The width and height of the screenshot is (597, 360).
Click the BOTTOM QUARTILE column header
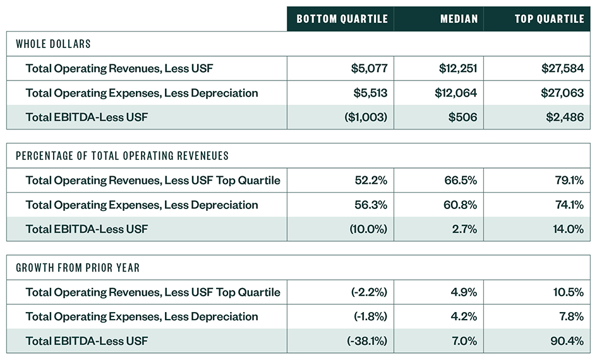342,19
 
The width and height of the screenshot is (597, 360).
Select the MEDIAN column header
458,19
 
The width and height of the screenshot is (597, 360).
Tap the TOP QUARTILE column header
549,19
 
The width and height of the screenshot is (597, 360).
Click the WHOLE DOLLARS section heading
54,44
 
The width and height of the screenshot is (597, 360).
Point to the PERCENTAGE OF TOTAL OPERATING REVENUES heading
122,156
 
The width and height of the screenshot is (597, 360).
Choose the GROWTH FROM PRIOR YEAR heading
78,268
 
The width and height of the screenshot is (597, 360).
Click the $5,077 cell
369,68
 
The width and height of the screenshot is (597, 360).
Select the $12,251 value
455,68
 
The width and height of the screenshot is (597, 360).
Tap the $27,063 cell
562,93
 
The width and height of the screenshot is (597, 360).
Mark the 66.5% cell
461,181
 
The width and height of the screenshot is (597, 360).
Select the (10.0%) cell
368,229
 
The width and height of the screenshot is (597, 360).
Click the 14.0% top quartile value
568,229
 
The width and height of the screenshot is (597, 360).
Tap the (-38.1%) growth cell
367,341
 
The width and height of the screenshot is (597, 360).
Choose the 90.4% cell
568,341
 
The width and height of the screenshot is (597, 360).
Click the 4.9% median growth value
463,292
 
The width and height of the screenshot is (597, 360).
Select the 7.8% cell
570,316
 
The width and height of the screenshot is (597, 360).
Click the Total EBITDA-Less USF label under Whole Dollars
87,117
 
